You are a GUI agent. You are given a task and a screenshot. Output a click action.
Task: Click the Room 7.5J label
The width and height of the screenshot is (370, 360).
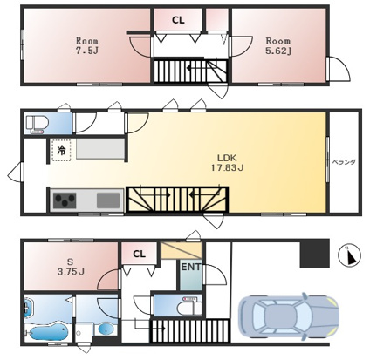click(87, 45)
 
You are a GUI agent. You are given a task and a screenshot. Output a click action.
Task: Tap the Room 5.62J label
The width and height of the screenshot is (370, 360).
click(278, 45)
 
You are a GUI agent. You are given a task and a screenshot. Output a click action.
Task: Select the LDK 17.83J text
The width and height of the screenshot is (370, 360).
click(227, 163)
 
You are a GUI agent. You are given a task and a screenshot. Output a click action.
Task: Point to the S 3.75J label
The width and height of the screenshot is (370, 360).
click(71, 267)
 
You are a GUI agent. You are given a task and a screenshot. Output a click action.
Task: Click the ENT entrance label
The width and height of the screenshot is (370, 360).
click(191, 267)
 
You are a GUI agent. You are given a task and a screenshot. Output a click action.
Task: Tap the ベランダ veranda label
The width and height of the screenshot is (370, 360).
click(344, 162)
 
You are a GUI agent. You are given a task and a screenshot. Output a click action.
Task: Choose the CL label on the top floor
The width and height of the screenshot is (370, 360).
click(178, 20)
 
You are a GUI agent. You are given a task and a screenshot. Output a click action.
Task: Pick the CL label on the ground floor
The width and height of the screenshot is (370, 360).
click(139, 254)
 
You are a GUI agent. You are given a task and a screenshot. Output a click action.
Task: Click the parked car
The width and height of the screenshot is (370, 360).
click(289, 316)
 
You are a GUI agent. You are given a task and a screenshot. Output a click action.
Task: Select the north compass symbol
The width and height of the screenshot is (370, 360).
click(349, 255)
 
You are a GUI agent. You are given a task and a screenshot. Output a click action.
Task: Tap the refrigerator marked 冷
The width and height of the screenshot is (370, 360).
click(61, 150)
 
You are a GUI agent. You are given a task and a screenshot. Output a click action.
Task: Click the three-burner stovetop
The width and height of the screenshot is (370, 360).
click(65, 200)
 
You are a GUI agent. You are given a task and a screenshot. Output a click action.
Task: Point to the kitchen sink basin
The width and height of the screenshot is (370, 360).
click(108, 200)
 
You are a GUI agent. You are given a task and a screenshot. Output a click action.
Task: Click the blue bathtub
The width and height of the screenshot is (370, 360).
click(48, 332)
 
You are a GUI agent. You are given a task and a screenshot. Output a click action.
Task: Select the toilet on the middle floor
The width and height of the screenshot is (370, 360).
click(37, 123)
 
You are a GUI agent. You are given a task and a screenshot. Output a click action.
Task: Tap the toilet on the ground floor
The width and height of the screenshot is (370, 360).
click(191, 306)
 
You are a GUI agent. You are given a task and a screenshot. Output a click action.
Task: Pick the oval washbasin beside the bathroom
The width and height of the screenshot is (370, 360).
click(105, 329)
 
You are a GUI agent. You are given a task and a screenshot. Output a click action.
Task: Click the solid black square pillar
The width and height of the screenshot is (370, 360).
click(315, 254)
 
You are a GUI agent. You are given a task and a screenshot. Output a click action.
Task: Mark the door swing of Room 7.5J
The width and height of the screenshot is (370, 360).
click(141, 46)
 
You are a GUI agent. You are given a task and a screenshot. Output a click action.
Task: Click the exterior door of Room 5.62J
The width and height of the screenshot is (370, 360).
click(338, 69)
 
